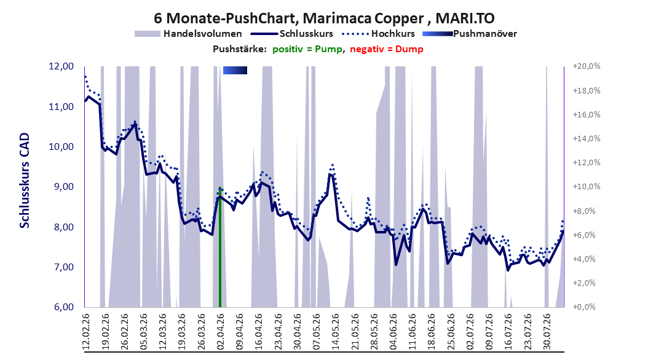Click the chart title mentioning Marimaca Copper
324,18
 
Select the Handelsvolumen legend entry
189,34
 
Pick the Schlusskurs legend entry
292,34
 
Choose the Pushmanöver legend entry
470,34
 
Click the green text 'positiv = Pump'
307,49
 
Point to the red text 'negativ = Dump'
387,49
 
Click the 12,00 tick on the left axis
61,66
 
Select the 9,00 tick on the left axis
61,187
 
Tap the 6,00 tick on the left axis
61,307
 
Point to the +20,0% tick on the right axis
586,66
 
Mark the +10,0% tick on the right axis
586,187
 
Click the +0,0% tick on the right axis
584,307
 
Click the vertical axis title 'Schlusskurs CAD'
25,181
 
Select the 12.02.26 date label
86,332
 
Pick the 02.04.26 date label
220,332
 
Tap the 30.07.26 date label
547,332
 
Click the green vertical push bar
220,247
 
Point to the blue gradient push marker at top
235,70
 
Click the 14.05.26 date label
336,332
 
